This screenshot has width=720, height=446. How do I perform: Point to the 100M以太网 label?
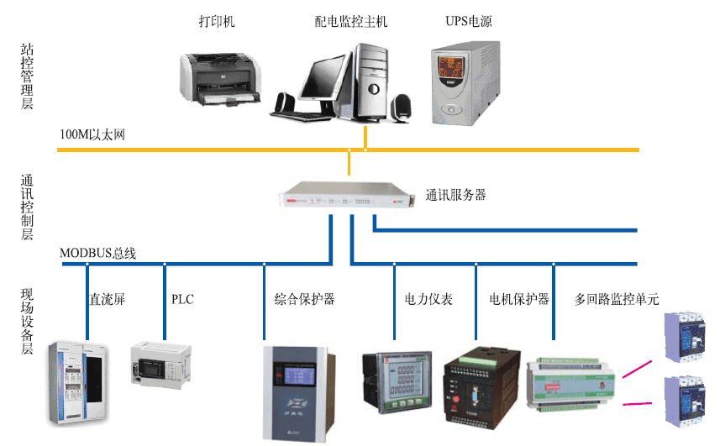tap(92, 134)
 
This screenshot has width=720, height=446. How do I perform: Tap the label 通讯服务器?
tap(455, 195)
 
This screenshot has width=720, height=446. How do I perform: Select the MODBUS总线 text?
tap(98, 253)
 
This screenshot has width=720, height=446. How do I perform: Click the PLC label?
tap(182, 298)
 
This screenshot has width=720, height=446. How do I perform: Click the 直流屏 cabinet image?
tap(80, 382)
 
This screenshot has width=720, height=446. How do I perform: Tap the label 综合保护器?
tap(304, 298)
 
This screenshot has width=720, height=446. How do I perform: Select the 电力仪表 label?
tap(428, 298)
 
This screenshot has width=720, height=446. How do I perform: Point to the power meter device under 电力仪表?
tap(397, 382)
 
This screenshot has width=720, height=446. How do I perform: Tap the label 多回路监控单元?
tap(617, 298)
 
